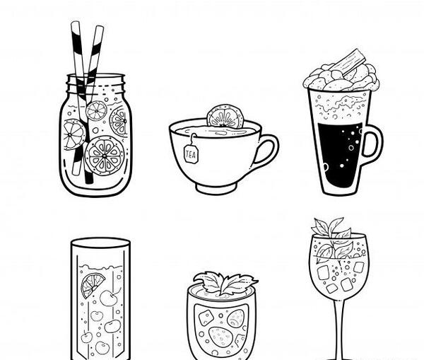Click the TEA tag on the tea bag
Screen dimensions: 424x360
click(x=192, y=153)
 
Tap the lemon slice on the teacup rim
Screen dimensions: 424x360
click(x=225, y=117)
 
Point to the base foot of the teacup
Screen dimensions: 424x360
click(x=217, y=188)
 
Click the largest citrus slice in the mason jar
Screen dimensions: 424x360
click(x=105, y=156)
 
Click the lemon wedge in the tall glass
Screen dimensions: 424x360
click(x=92, y=284)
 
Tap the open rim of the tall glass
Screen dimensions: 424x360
click(x=100, y=243)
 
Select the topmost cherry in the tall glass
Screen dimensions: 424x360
click(x=109, y=297)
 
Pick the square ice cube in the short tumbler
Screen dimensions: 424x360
click(x=206, y=318)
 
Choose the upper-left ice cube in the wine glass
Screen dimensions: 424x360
click(x=323, y=272)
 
